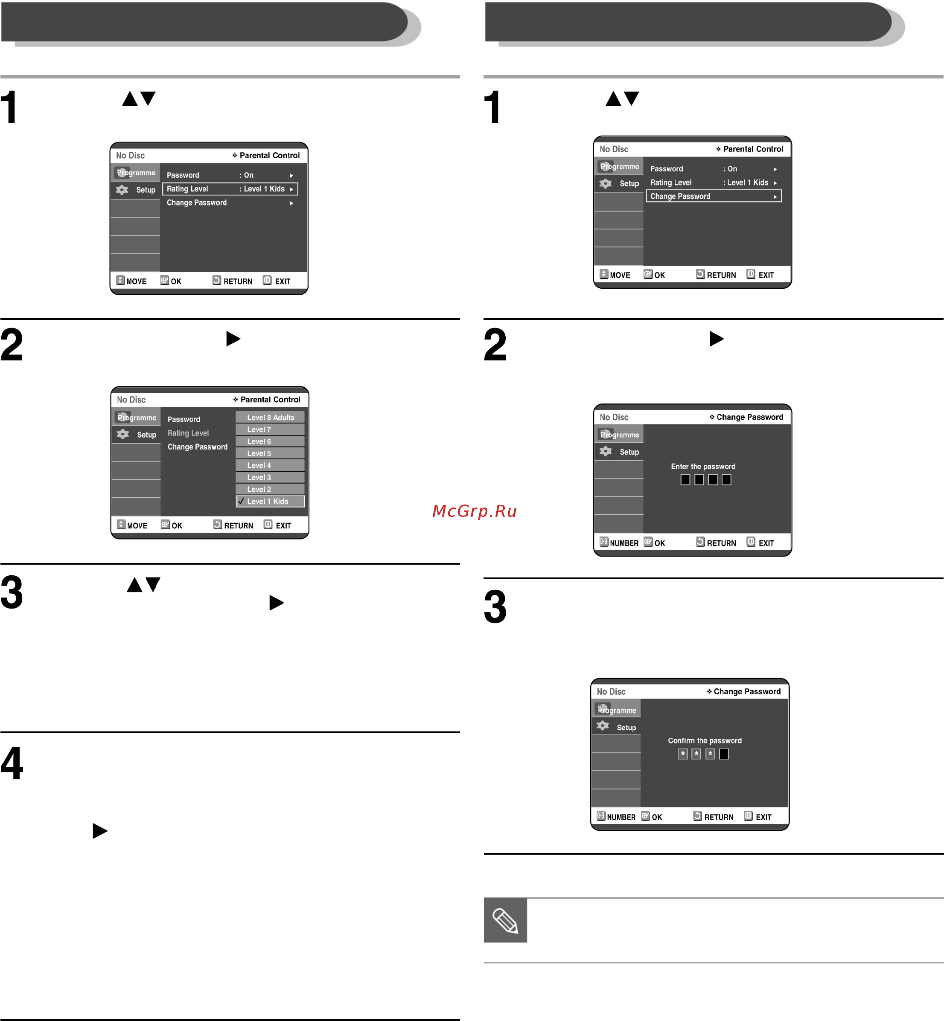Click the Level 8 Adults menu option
tap(270, 417)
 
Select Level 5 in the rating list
tap(270, 453)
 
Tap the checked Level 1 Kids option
tap(270, 501)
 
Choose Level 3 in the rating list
tap(270, 477)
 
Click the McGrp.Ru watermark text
tap(475, 510)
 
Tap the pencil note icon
tap(505, 920)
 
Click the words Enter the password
tap(703, 466)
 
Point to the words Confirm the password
tap(705, 740)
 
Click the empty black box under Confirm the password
tap(724, 754)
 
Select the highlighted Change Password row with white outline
tap(714, 196)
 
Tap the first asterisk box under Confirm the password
tap(682, 754)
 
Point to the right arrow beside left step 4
tap(100, 831)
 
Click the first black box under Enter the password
tap(685, 479)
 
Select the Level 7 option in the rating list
tap(270, 429)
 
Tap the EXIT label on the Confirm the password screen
tap(763, 817)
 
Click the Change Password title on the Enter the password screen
tap(749, 417)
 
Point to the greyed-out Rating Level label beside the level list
tap(188, 433)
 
